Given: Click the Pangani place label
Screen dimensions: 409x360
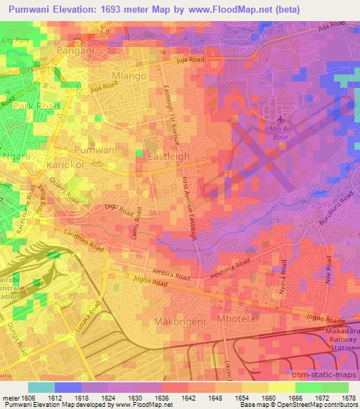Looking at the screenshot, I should pyautogui.click(x=75, y=51).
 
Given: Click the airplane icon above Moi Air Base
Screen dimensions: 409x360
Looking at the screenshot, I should pyautogui.click(x=281, y=120).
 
